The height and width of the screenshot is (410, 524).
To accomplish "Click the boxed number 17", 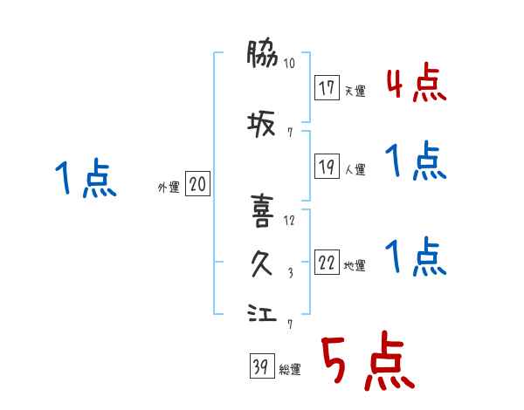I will (327, 88).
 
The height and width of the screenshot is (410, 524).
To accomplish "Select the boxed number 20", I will (198, 184).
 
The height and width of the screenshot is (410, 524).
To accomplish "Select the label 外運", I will (168, 187).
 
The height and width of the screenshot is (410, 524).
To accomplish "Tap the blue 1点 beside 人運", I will (416, 162).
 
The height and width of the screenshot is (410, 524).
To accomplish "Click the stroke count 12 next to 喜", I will (289, 221).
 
